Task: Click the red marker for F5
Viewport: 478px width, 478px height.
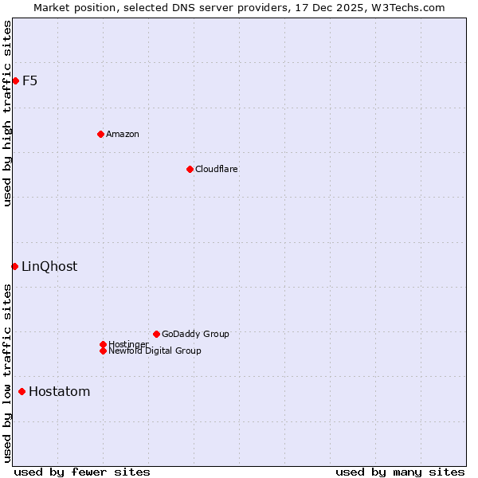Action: point(15,80)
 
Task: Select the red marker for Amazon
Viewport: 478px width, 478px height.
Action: point(100,134)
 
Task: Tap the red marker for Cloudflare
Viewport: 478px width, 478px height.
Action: point(190,169)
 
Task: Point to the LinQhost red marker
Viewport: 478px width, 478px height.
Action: point(14,266)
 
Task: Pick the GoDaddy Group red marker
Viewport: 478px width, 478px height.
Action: point(156,334)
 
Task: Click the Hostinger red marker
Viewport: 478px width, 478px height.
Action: point(103,344)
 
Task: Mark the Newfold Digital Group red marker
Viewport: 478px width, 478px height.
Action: point(103,351)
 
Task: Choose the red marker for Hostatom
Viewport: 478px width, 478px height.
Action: point(22,391)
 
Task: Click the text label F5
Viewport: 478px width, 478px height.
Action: point(29,80)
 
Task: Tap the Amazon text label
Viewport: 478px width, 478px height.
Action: point(122,134)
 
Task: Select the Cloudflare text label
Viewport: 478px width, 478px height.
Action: point(216,169)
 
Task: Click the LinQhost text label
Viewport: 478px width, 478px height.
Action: point(49,266)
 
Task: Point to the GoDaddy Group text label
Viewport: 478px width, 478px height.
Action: point(195,334)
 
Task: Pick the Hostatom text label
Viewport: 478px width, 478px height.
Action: point(59,391)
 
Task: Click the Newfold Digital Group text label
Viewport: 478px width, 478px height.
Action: point(155,351)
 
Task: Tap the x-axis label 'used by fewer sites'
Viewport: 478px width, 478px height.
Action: point(82,472)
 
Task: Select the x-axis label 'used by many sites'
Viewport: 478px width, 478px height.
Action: point(400,472)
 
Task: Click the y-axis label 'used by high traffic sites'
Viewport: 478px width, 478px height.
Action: point(7,113)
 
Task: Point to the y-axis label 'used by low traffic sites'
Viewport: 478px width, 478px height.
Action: point(7,373)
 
